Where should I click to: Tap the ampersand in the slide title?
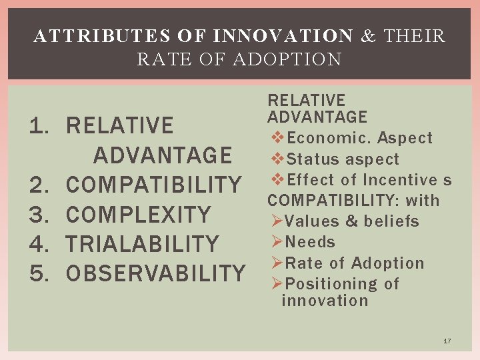click(x=368, y=36)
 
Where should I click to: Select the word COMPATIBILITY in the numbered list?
click(x=154, y=185)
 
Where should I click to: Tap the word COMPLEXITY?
click(x=139, y=215)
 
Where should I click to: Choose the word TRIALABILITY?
click(x=143, y=244)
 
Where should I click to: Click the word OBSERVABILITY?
click(x=156, y=273)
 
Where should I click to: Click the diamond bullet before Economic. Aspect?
click(x=279, y=138)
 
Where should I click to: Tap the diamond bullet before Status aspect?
click(x=279, y=159)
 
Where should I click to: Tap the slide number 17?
click(x=447, y=341)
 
